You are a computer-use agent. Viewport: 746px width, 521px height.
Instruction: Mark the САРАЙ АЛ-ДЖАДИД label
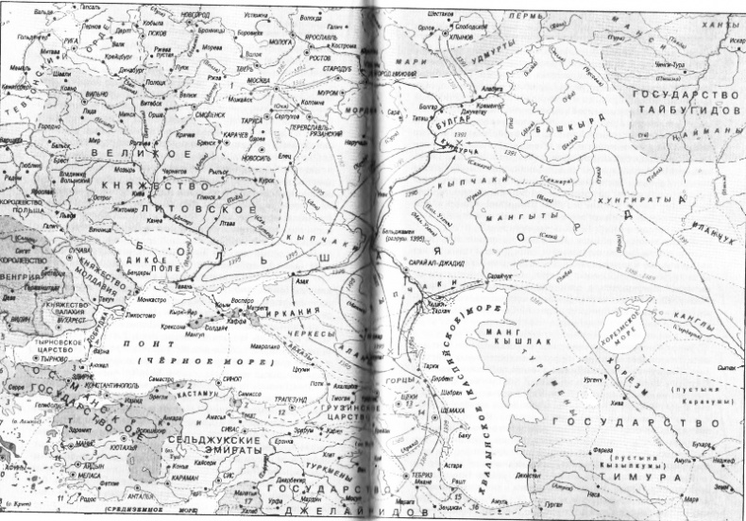point(437,265)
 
